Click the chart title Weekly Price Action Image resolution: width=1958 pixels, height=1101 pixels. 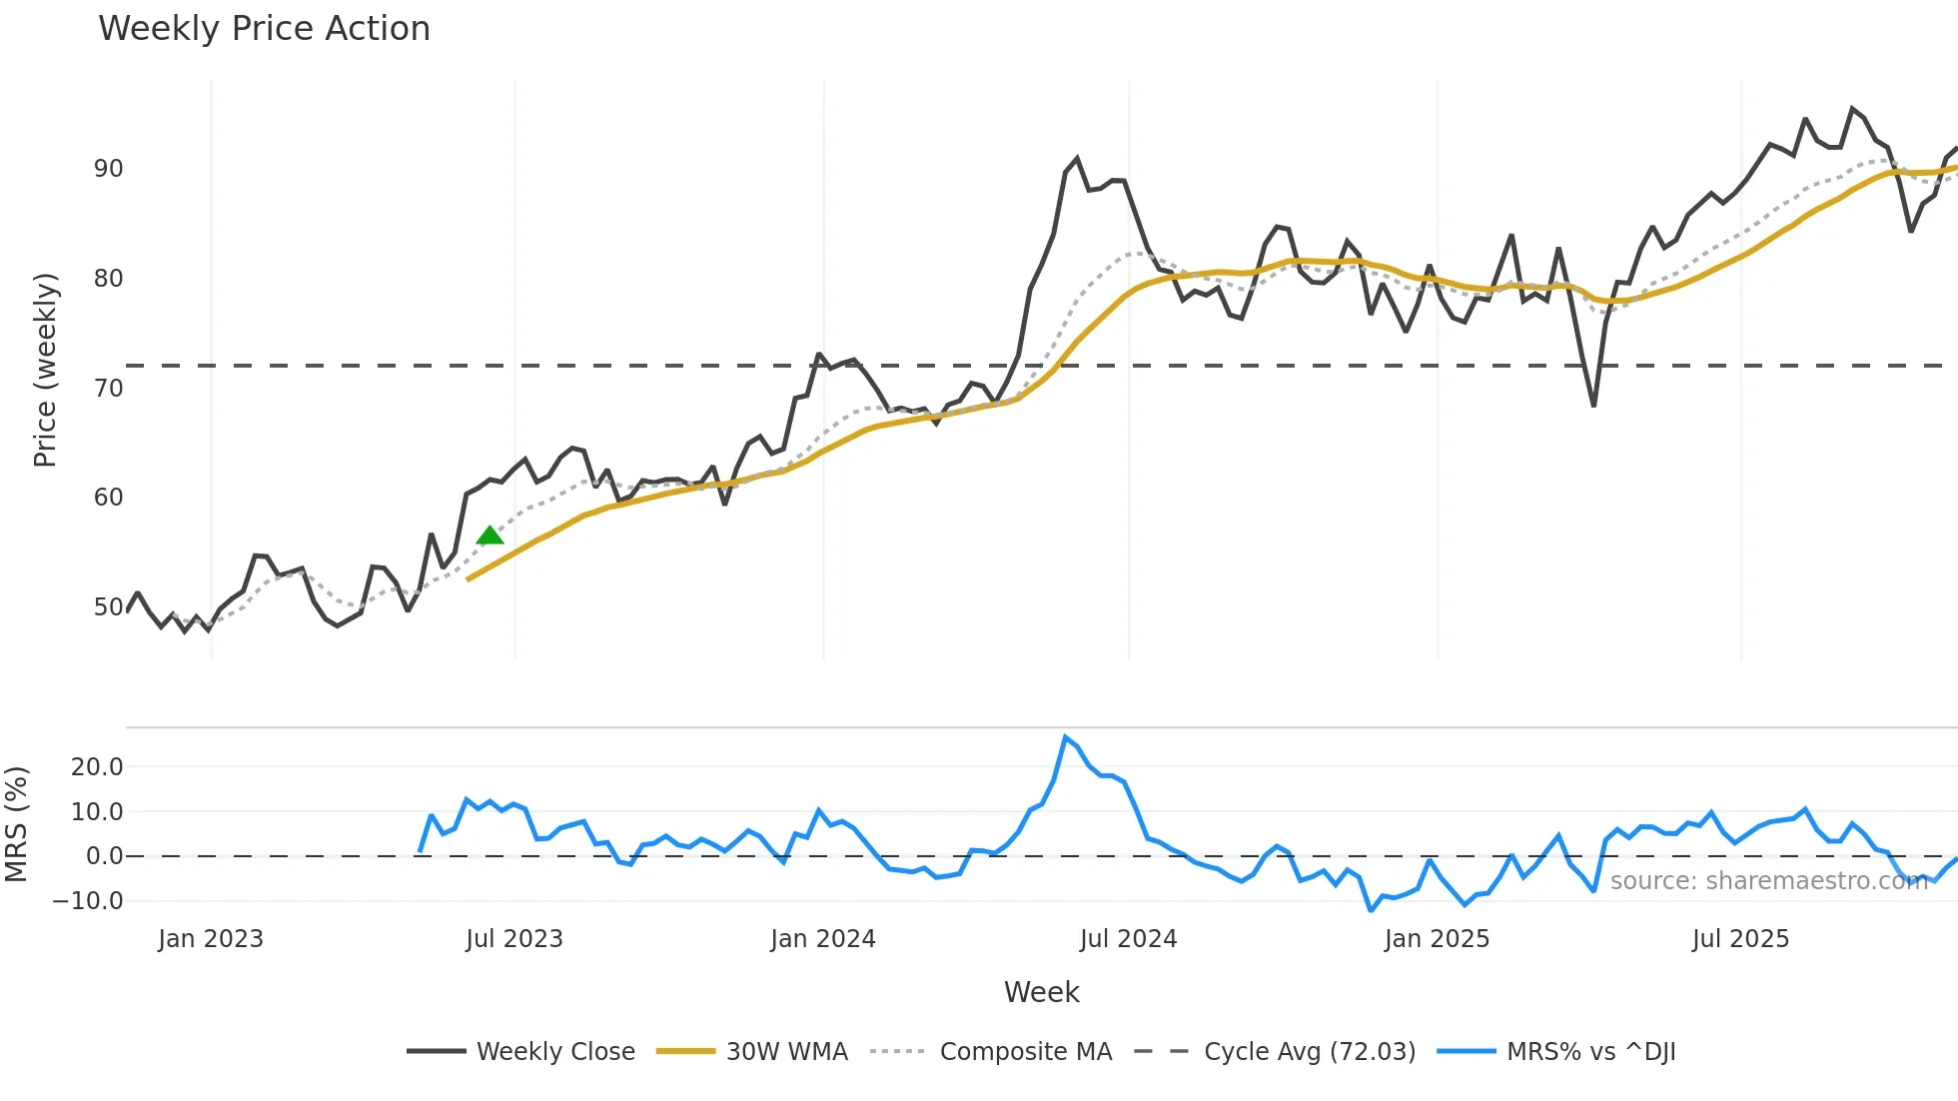(x=264, y=29)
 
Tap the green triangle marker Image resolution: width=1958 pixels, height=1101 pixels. (x=489, y=537)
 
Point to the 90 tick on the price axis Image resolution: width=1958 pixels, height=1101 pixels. (x=108, y=169)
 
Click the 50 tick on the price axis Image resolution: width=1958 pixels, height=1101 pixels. (x=108, y=607)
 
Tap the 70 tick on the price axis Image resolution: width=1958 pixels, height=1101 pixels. (x=108, y=389)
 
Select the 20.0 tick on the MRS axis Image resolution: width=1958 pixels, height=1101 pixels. (x=97, y=767)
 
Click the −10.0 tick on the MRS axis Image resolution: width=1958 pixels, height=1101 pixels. (x=88, y=901)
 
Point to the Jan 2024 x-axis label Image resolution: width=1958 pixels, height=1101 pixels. (x=823, y=939)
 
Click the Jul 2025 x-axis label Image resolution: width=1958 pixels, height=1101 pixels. (x=1740, y=939)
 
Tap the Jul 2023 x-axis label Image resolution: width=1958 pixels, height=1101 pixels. (x=514, y=939)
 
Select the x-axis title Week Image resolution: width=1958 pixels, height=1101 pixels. (x=1041, y=992)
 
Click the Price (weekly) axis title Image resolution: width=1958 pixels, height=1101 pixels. (x=45, y=370)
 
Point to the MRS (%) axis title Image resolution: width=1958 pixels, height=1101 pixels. (x=17, y=824)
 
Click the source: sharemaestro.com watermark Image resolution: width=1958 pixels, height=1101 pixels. (x=1768, y=881)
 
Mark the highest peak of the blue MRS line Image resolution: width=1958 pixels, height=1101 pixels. (x=1066, y=737)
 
